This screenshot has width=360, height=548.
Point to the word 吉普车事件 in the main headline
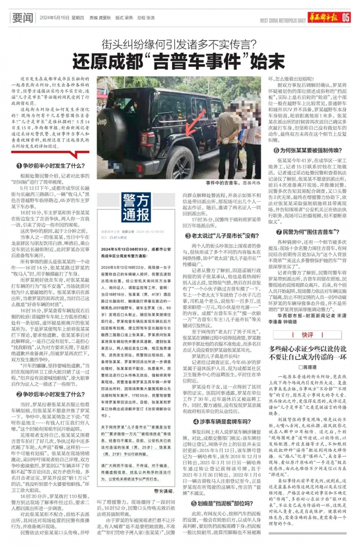[183, 61]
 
